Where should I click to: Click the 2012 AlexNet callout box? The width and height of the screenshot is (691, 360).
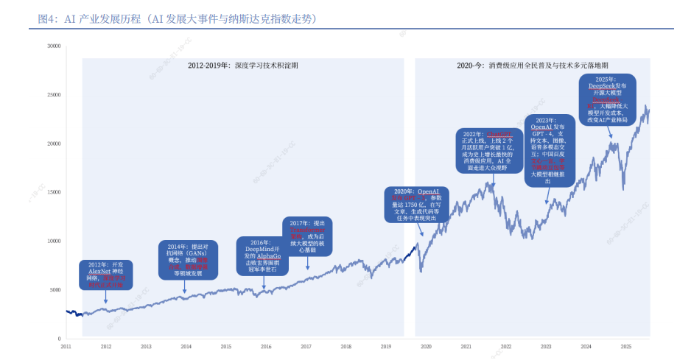coord(106,274)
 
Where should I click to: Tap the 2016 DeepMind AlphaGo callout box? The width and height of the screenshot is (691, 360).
coord(262,255)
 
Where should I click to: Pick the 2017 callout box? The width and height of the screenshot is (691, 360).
coord(306,236)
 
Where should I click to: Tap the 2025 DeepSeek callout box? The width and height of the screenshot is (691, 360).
coord(609,100)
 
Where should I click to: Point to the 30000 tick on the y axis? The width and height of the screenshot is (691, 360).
coord(53,46)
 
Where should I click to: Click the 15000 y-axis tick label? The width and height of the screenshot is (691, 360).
coord(53,192)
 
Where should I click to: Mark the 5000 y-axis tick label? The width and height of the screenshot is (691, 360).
coord(55,289)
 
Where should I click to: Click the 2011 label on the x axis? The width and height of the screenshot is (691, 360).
coord(66,346)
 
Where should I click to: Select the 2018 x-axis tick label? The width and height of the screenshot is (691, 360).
coord(345,346)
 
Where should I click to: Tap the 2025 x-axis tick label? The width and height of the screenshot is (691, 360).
coord(625,346)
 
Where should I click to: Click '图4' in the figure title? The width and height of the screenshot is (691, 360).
coord(46,18)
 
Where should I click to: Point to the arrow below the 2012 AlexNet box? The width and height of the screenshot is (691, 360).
coord(106,296)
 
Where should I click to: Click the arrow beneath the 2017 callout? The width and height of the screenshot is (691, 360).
coord(306,263)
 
